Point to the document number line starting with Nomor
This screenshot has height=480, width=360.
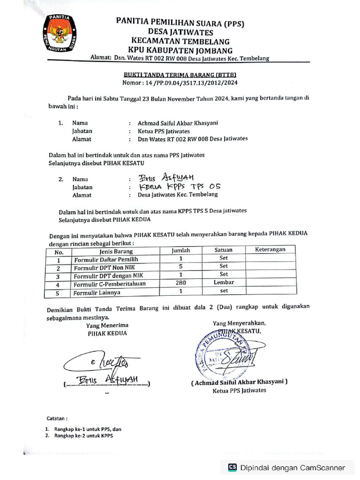click(180, 83)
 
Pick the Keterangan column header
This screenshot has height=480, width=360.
click(270, 250)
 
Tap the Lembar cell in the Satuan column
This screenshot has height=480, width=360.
click(224, 283)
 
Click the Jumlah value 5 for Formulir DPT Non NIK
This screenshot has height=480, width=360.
click(180, 266)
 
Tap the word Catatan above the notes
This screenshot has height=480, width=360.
click(57, 417)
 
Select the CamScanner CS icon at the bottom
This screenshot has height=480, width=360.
click(232, 467)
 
